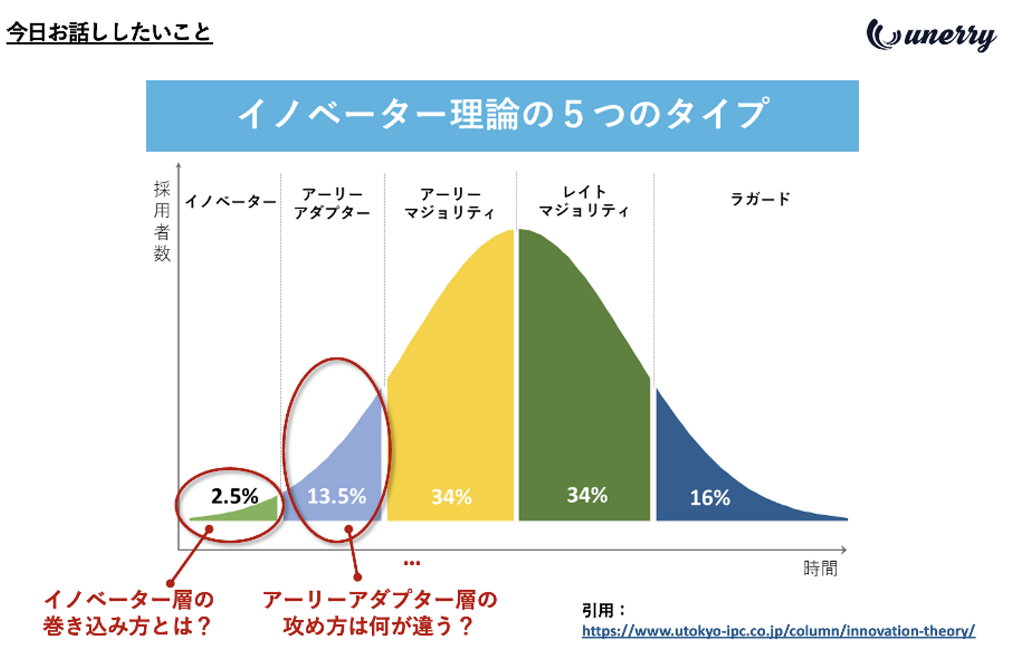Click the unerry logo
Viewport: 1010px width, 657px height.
tap(931, 35)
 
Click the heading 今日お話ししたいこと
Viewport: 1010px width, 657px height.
tap(109, 32)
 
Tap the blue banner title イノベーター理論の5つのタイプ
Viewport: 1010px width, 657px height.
tap(502, 115)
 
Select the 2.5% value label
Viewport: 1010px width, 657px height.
tap(234, 496)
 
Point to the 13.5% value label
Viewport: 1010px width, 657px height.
tap(337, 496)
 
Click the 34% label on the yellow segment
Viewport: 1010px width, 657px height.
tap(451, 497)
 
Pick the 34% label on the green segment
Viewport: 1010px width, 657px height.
tap(587, 495)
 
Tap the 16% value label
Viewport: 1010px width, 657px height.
tap(710, 498)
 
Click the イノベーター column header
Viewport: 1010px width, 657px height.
tap(231, 202)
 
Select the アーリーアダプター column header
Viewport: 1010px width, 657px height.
tap(332, 203)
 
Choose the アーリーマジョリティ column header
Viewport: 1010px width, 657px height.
tap(450, 203)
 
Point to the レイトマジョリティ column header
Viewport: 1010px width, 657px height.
tap(584, 201)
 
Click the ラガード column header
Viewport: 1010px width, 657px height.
tap(760, 199)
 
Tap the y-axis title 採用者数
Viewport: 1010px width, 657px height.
tap(162, 221)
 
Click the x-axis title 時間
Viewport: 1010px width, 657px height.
tap(820, 568)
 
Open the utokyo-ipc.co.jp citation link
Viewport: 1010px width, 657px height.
tap(778, 631)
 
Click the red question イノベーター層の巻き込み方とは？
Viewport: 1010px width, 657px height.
tap(128, 612)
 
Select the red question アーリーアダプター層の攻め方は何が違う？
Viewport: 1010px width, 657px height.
tap(379, 612)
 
